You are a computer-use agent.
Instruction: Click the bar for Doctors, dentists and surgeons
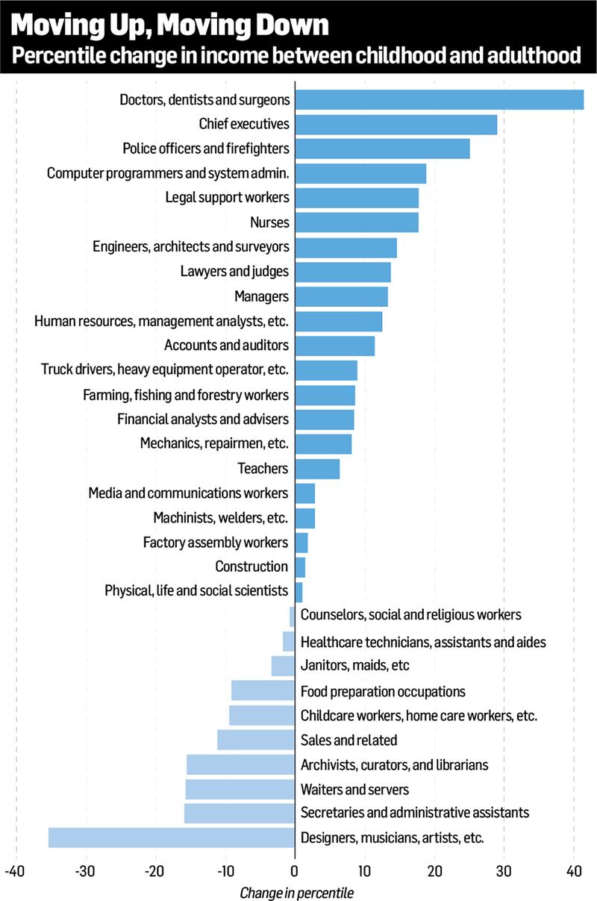point(440,99)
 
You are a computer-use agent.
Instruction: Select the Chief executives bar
point(396,124)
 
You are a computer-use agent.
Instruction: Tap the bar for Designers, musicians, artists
point(172,838)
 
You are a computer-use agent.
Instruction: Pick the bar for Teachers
point(317,469)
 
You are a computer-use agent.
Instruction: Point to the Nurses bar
point(357,222)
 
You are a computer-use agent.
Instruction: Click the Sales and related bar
point(256,740)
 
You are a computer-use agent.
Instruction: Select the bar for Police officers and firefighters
point(383,149)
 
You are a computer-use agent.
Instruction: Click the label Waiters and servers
point(354,789)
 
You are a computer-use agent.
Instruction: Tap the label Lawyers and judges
point(234,272)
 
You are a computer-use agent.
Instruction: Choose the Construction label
point(251,567)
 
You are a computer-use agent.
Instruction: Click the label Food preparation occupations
point(383,691)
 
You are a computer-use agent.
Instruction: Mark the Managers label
point(261,296)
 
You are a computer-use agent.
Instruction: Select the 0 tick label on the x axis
point(295,871)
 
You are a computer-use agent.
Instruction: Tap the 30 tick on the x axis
point(504,871)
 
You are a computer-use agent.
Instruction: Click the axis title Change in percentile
point(296,892)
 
